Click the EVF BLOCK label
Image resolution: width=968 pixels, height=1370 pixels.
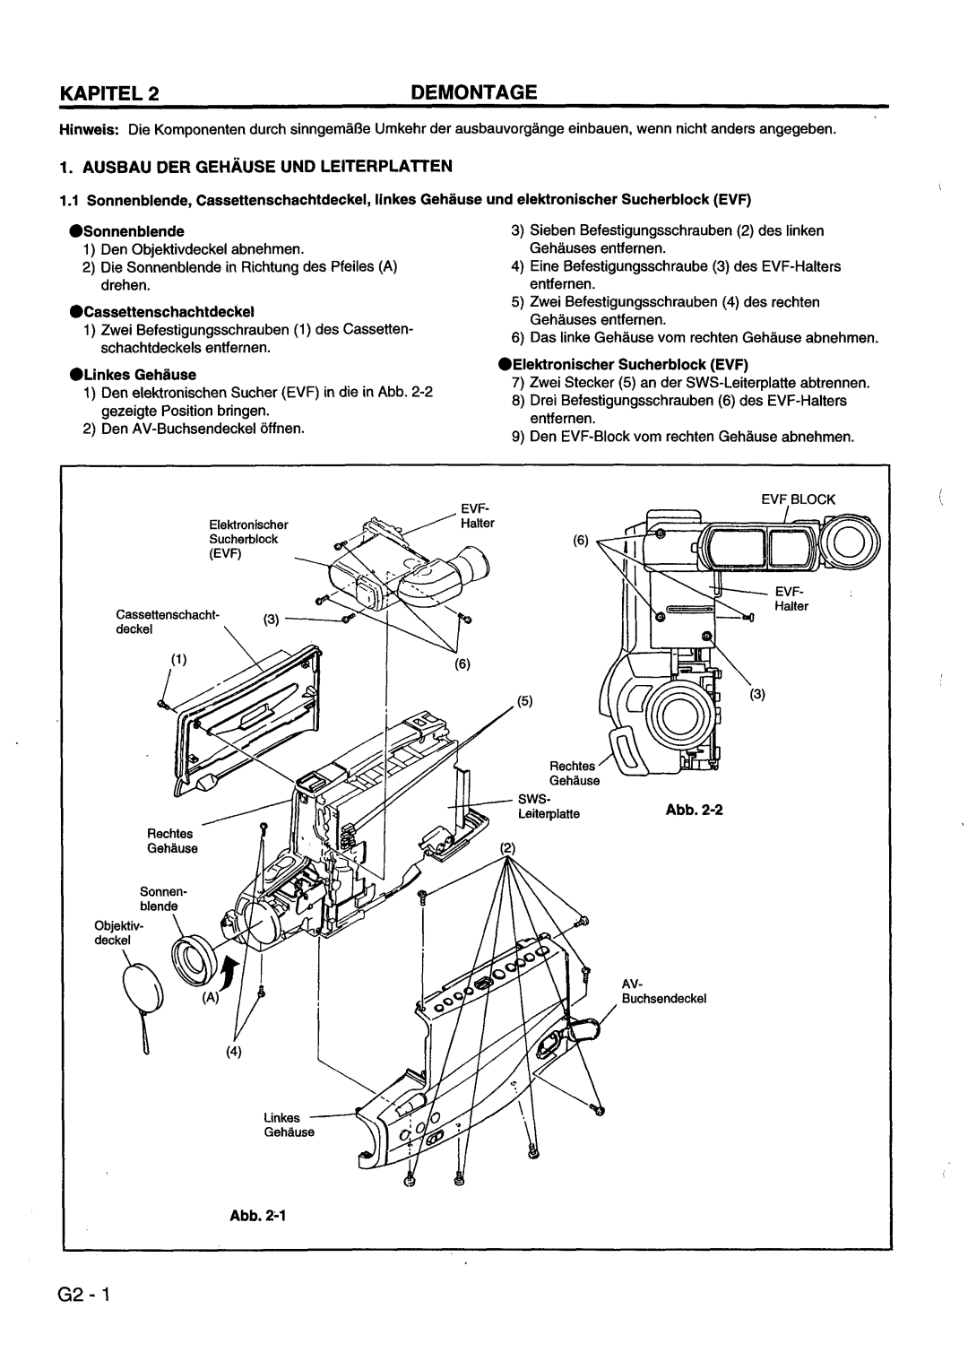point(798,499)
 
